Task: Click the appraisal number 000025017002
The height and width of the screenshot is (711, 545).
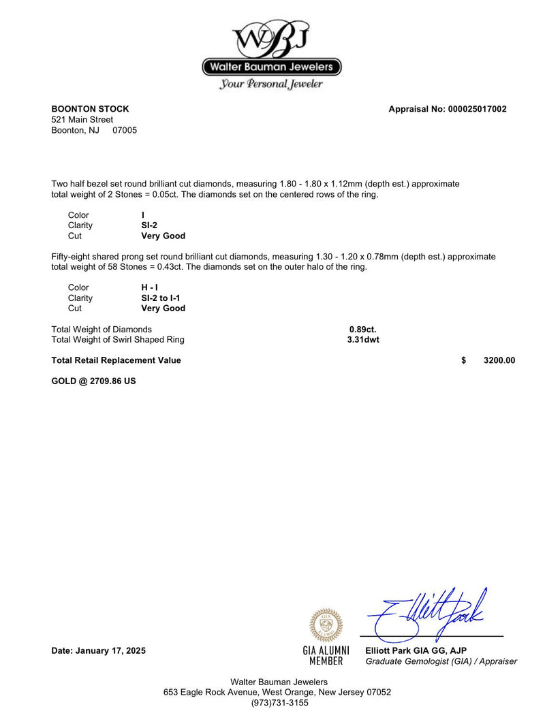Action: click(x=477, y=109)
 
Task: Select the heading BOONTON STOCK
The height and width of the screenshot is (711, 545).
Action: click(x=90, y=109)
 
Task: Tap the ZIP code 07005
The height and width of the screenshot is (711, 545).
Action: click(x=125, y=130)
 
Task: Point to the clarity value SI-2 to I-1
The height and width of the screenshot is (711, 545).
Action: click(x=160, y=298)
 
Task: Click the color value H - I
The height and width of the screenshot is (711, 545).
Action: click(x=149, y=287)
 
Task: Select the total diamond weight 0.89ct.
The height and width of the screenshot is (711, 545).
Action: click(x=362, y=330)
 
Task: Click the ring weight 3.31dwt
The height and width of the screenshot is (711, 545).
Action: click(x=363, y=340)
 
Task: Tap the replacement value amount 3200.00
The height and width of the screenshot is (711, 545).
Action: click(x=499, y=360)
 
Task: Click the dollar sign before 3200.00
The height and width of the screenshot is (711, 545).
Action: click(x=464, y=360)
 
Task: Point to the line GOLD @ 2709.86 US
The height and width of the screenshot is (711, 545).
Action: click(x=93, y=381)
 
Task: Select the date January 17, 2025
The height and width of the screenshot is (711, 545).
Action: click(x=99, y=651)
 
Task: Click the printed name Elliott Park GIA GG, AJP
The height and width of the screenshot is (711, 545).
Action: click(x=416, y=651)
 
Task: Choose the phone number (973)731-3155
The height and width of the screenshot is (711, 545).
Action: click(x=279, y=703)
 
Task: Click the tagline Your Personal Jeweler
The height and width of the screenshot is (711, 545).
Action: click(x=271, y=84)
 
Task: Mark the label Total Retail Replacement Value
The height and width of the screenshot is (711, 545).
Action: click(x=116, y=360)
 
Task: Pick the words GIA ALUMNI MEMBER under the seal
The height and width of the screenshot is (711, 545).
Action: click(x=326, y=656)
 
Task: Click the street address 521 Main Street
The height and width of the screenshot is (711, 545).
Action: click(x=82, y=120)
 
